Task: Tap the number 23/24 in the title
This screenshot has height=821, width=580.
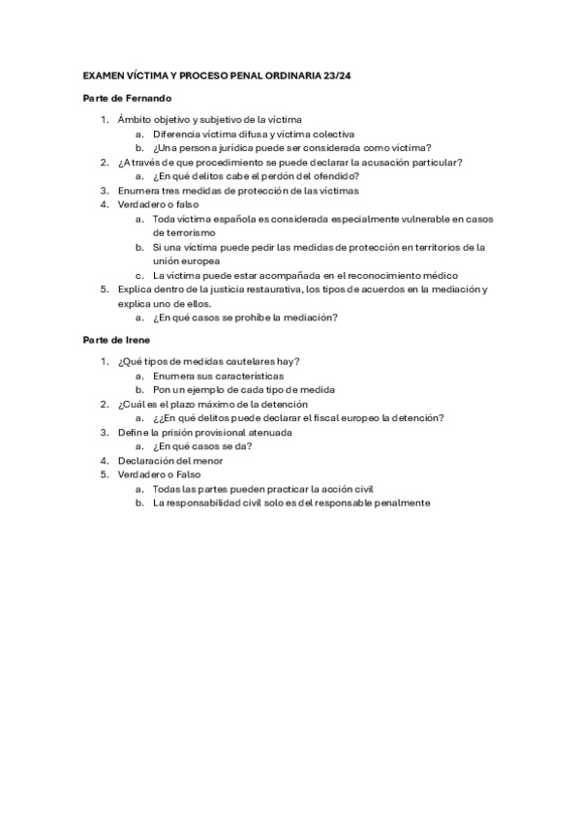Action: pos(340,74)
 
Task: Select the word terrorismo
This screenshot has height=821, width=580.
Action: pos(185,232)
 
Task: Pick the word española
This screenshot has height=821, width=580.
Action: pos(241,219)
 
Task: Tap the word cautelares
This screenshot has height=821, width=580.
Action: pos(251,361)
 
